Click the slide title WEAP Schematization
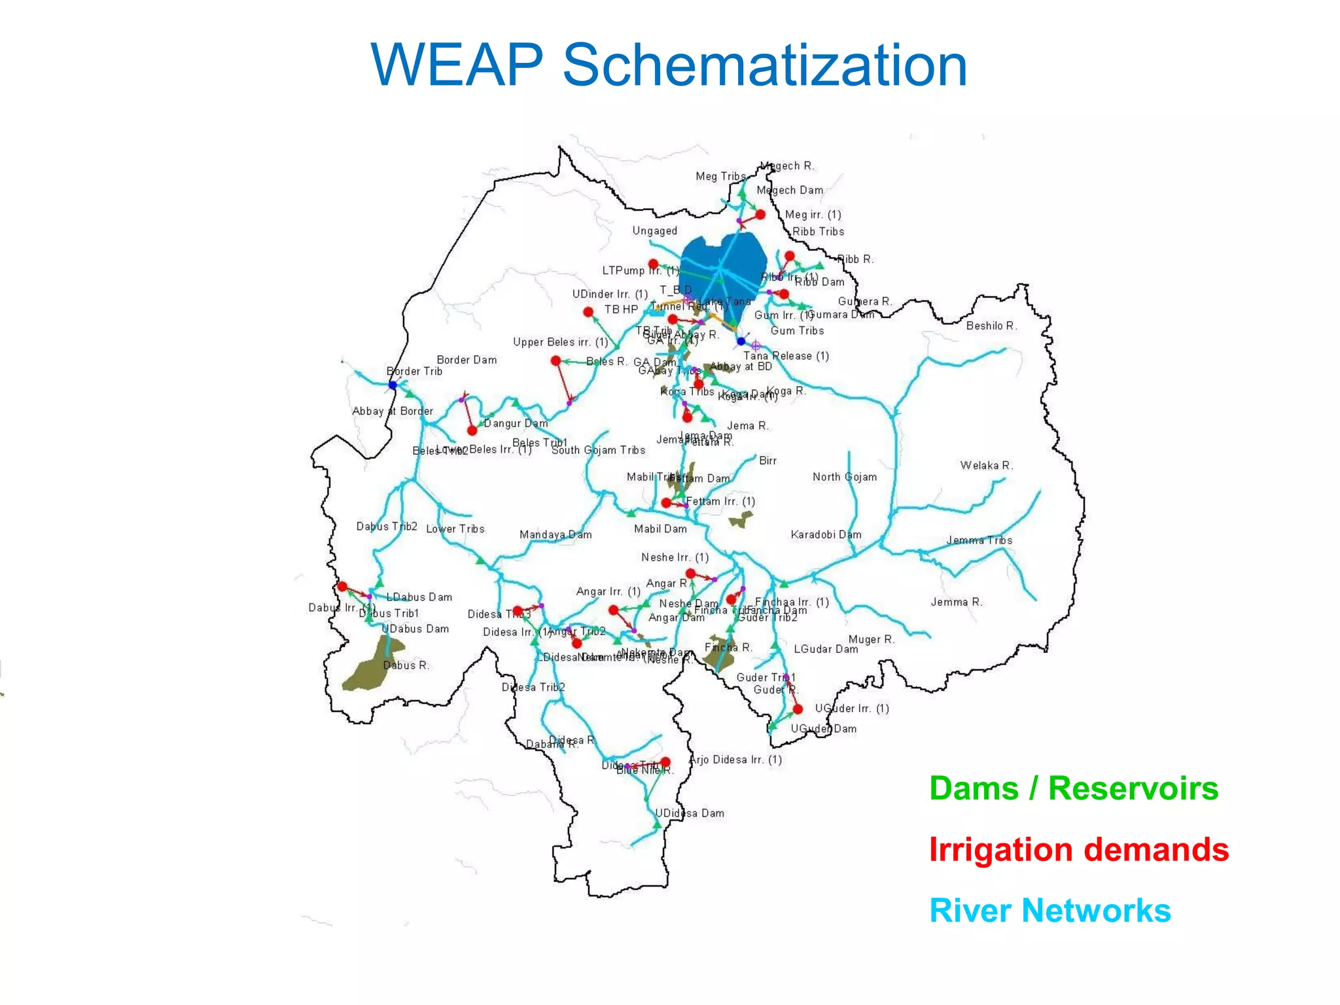[x=669, y=65]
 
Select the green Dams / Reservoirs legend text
[x=1074, y=788]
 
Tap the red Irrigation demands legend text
[x=1079, y=849]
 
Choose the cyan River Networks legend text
[x=1050, y=910]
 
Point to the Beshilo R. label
[x=991, y=326]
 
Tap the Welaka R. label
[x=986, y=465]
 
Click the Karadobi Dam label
[x=826, y=535]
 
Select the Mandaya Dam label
[x=555, y=535]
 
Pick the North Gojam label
[x=845, y=477]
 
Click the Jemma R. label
[x=957, y=602]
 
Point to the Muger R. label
[x=871, y=639]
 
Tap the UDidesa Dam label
[x=690, y=813]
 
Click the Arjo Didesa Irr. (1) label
[x=736, y=760]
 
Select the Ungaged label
[x=654, y=231]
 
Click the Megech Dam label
[x=790, y=190]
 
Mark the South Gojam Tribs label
[x=598, y=450]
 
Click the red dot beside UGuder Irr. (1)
[x=798, y=709]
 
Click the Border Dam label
[x=467, y=360]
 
